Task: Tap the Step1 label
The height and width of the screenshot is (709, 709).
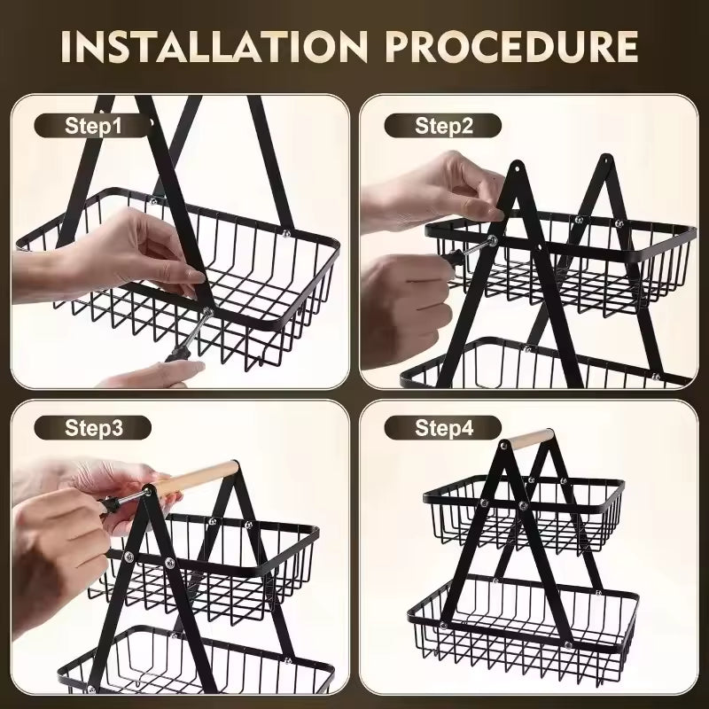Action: point(93,125)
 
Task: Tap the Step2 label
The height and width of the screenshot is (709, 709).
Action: point(444,125)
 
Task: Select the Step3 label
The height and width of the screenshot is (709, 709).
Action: point(93,429)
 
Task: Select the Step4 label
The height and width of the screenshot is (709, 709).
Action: point(444,429)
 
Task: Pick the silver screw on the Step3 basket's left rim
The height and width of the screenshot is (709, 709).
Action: point(129,557)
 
